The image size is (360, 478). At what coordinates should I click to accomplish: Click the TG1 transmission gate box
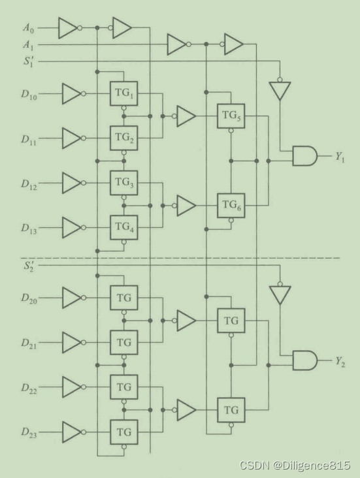(124, 93)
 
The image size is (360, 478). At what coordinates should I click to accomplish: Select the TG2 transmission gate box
(124, 138)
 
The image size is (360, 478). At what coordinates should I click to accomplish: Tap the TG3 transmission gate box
(124, 183)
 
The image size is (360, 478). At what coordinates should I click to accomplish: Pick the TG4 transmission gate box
(124, 227)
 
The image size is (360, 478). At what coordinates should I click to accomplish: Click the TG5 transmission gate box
(231, 116)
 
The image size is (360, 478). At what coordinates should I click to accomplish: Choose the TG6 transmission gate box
(231, 205)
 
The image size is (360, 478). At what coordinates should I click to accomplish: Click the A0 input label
(28, 28)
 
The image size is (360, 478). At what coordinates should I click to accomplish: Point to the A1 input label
(28, 45)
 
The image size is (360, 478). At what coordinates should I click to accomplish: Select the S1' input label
(29, 61)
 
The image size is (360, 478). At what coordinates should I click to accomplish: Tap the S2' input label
(29, 266)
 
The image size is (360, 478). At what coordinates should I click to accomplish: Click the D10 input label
(29, 94)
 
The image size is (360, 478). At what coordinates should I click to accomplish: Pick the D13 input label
(29, 228)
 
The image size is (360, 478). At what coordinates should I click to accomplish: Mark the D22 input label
(29, 388)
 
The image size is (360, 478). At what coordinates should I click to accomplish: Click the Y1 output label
(340, 157)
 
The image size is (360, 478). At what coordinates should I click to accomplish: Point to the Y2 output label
(340, 362)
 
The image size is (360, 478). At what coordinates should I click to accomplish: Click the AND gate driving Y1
(304, 156)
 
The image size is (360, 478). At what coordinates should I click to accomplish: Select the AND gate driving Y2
(304, 360)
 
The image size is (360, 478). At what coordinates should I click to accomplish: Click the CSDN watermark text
(295, 465)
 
